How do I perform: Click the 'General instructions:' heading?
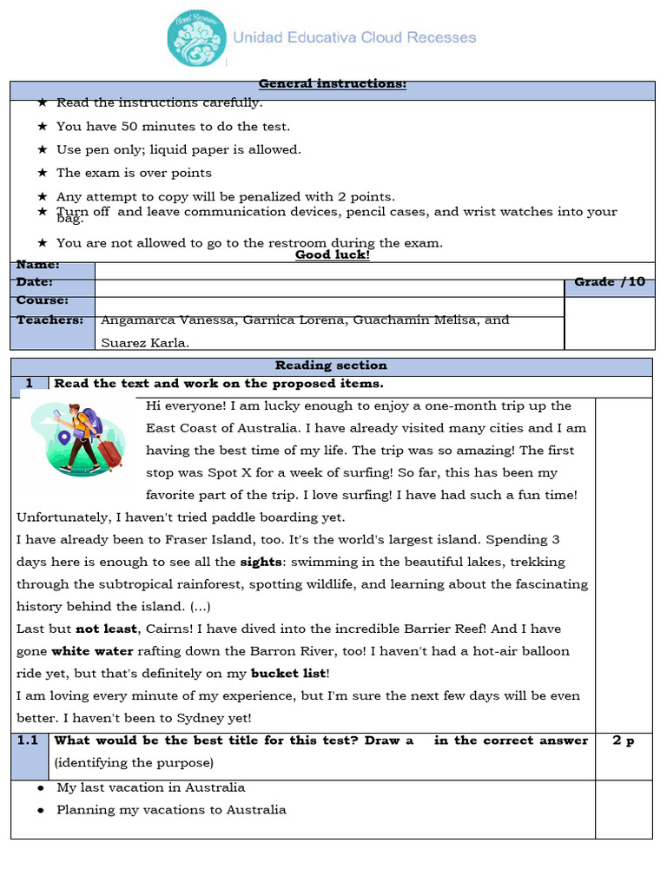332,84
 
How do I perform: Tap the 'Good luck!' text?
332,255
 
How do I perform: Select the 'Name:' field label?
38,265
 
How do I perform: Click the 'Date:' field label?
35,283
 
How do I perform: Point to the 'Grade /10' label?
609,282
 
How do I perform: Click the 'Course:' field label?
42,301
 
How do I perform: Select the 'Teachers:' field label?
50,320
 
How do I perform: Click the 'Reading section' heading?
331,365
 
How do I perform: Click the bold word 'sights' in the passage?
261,562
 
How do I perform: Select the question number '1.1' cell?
29,741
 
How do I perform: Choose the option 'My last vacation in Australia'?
150,787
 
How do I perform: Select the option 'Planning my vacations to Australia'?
171,810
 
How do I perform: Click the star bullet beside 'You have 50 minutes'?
42,126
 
